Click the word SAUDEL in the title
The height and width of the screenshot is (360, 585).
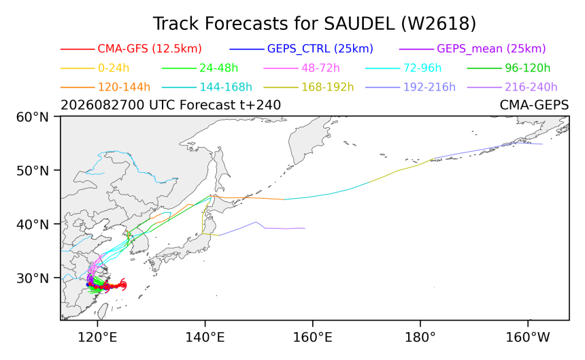(359, 24)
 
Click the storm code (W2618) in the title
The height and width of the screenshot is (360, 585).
(439, 24)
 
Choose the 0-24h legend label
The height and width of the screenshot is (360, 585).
(114, 68)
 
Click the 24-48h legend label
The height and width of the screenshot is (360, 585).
(218, 68)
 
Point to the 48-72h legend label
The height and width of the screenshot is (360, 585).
(320, 68)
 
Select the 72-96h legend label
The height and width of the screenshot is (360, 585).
(422, 68)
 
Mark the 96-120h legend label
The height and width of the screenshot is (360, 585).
(528, 68)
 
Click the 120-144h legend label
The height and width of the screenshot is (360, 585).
(124, 87)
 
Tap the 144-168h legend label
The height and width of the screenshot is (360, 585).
(226, 87)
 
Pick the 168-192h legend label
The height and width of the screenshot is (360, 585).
(328, 87)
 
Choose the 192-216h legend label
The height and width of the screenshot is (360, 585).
(429, 87)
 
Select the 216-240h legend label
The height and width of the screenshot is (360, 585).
(531, 87)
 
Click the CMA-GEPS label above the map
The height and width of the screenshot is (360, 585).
(534, 105)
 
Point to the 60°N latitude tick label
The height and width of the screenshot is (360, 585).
(33, 117)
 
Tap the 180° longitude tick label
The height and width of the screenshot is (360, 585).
(420, 338)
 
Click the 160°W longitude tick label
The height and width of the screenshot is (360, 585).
(528, 338)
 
